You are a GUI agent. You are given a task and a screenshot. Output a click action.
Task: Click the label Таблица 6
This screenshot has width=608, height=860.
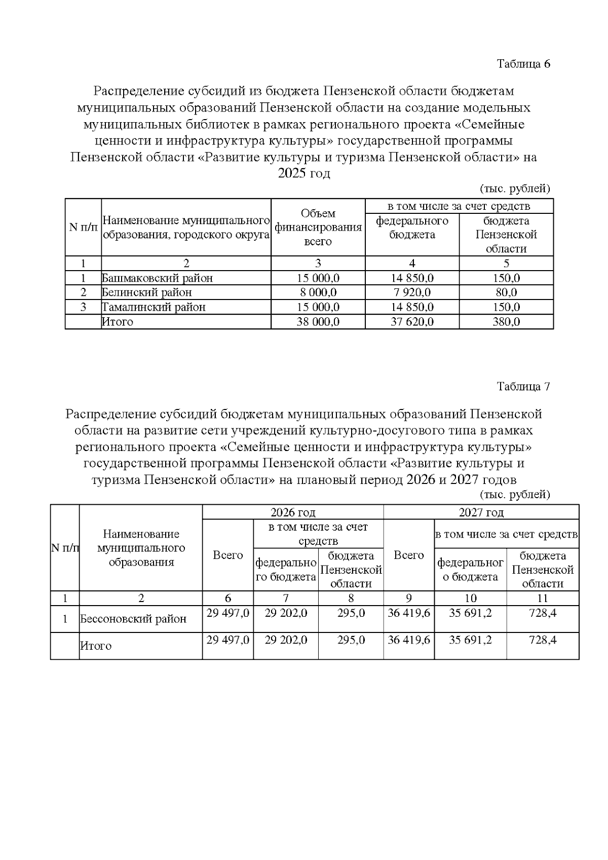(x=523, y=64)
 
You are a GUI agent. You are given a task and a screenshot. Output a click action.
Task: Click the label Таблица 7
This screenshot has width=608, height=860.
(x=523, y=387)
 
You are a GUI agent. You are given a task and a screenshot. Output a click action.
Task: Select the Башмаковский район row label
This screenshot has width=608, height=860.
(x=157, y=278)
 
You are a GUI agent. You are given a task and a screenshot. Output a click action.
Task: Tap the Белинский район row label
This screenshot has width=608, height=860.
(x=147, y=292)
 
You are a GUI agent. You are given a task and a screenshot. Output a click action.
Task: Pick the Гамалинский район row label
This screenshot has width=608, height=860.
(x=154, y=307)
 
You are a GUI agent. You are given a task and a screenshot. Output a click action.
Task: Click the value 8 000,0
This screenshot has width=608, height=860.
(x=318, y=292)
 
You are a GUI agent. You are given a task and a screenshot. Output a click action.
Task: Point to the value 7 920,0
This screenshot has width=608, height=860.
(x=412, y=292)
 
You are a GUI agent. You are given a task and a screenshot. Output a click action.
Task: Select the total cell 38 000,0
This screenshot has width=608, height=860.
(x=318, y=322)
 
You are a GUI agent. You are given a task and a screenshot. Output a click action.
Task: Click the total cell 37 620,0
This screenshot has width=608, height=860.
(x=412, y=322)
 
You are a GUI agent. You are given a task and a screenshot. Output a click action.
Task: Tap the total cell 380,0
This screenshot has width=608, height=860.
(x=506, y=322)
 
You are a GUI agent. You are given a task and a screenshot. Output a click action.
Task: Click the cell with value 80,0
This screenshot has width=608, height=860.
(x=506, y=292)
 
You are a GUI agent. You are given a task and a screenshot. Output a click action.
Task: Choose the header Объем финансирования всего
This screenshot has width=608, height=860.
(x=318, y=228)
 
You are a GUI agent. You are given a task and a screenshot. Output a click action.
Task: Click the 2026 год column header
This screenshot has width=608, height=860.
(x=293, y=512)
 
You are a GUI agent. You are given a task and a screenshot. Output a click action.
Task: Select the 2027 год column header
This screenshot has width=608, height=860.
(x=481, y=512)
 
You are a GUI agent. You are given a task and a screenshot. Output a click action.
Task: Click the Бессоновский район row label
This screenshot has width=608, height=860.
(x=133, y=619)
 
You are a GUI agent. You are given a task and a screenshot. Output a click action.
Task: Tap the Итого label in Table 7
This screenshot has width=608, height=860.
(x=96, y=646)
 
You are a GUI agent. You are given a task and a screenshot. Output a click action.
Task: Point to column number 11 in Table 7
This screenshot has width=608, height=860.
(x=542, y=599)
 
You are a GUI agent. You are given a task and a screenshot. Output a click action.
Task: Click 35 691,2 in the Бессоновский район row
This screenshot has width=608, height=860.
(x=470, y=613)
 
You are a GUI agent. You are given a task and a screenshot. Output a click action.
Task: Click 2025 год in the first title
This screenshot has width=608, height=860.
(x=304, y=174)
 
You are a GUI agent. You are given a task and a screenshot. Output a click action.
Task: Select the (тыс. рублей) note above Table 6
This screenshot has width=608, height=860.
(x=515, y=189)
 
